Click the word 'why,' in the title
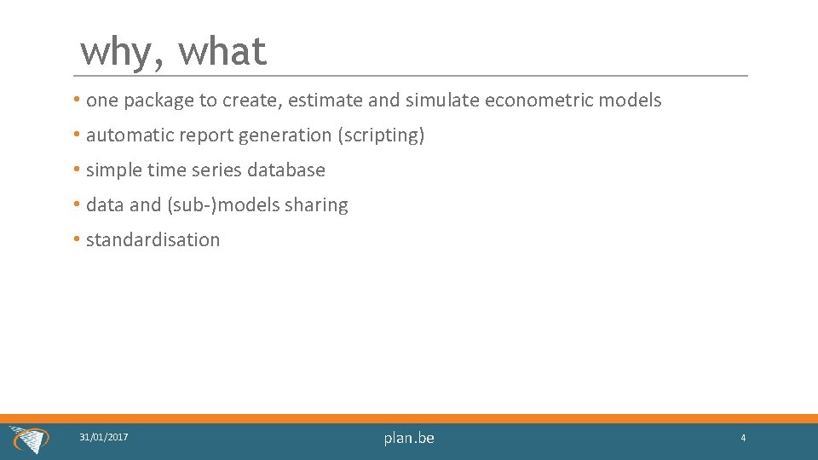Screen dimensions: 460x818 119,52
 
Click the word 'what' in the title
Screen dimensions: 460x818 222,52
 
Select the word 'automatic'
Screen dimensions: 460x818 130,135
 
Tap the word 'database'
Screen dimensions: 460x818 286,170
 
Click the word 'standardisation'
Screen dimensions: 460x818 153,240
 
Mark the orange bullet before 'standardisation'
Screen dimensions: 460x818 77,240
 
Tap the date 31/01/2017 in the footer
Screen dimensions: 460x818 104,437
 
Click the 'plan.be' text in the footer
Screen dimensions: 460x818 409,438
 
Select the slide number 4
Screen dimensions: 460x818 743,438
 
